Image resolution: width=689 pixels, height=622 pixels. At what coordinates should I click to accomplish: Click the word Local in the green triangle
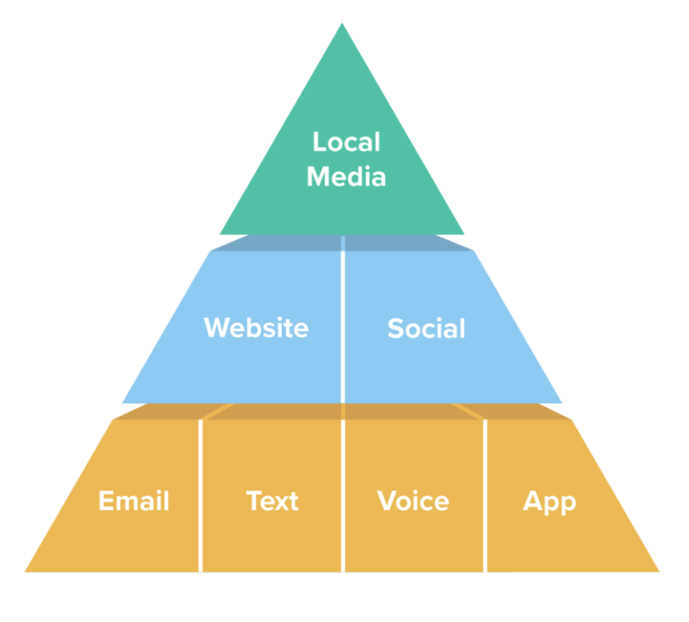346,142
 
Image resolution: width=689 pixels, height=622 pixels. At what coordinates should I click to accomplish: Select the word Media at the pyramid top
346,176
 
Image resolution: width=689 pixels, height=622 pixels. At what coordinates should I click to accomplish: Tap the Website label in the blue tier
256,328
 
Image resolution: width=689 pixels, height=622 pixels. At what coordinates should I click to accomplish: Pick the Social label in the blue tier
426,328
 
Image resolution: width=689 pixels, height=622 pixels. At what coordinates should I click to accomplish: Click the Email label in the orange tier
134,501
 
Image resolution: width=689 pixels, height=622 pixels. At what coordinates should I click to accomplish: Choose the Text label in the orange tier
272,501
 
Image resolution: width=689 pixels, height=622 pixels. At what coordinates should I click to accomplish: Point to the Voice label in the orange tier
413,501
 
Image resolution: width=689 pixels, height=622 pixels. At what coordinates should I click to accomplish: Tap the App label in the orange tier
549,501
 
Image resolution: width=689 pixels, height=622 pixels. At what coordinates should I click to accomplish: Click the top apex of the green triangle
342,24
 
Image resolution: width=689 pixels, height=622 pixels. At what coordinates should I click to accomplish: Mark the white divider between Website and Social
343,323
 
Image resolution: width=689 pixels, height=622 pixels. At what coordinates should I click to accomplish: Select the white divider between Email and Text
200,497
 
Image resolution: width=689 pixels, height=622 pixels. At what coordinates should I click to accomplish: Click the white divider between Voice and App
485,497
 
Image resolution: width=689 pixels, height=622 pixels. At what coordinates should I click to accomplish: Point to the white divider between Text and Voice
343,497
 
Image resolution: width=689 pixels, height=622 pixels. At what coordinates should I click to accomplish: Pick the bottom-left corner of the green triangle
221,234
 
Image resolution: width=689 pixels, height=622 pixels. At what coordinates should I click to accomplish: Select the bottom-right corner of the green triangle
464,234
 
